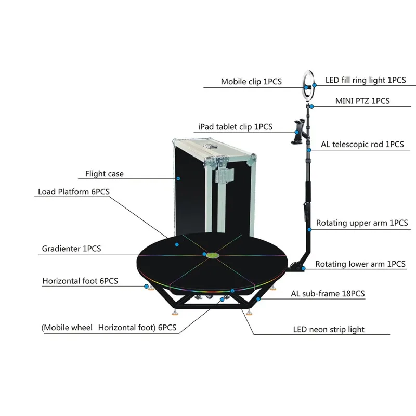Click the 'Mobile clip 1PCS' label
pos(251,82)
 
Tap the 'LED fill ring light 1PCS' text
pos(366,80)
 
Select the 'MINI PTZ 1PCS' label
pos(362,101)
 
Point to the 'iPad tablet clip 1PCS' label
pos(236,127)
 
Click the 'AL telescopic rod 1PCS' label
pos(362,145)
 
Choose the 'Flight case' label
pos(105,174)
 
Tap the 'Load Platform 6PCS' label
pos(74,192)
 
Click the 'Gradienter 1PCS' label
pos(72,249)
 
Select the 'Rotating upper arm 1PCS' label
pos(362,223)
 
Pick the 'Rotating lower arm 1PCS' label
pos(360,264)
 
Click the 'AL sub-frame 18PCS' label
pos(328,294)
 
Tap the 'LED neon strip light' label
pos(329,330)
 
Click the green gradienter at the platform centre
pos(213,255)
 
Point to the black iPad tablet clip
pos(298,132)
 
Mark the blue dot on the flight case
pos(178,178)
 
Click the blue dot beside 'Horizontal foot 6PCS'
pos(146,287)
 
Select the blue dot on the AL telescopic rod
pos(309,150)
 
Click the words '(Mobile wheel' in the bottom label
pos(67,328)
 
